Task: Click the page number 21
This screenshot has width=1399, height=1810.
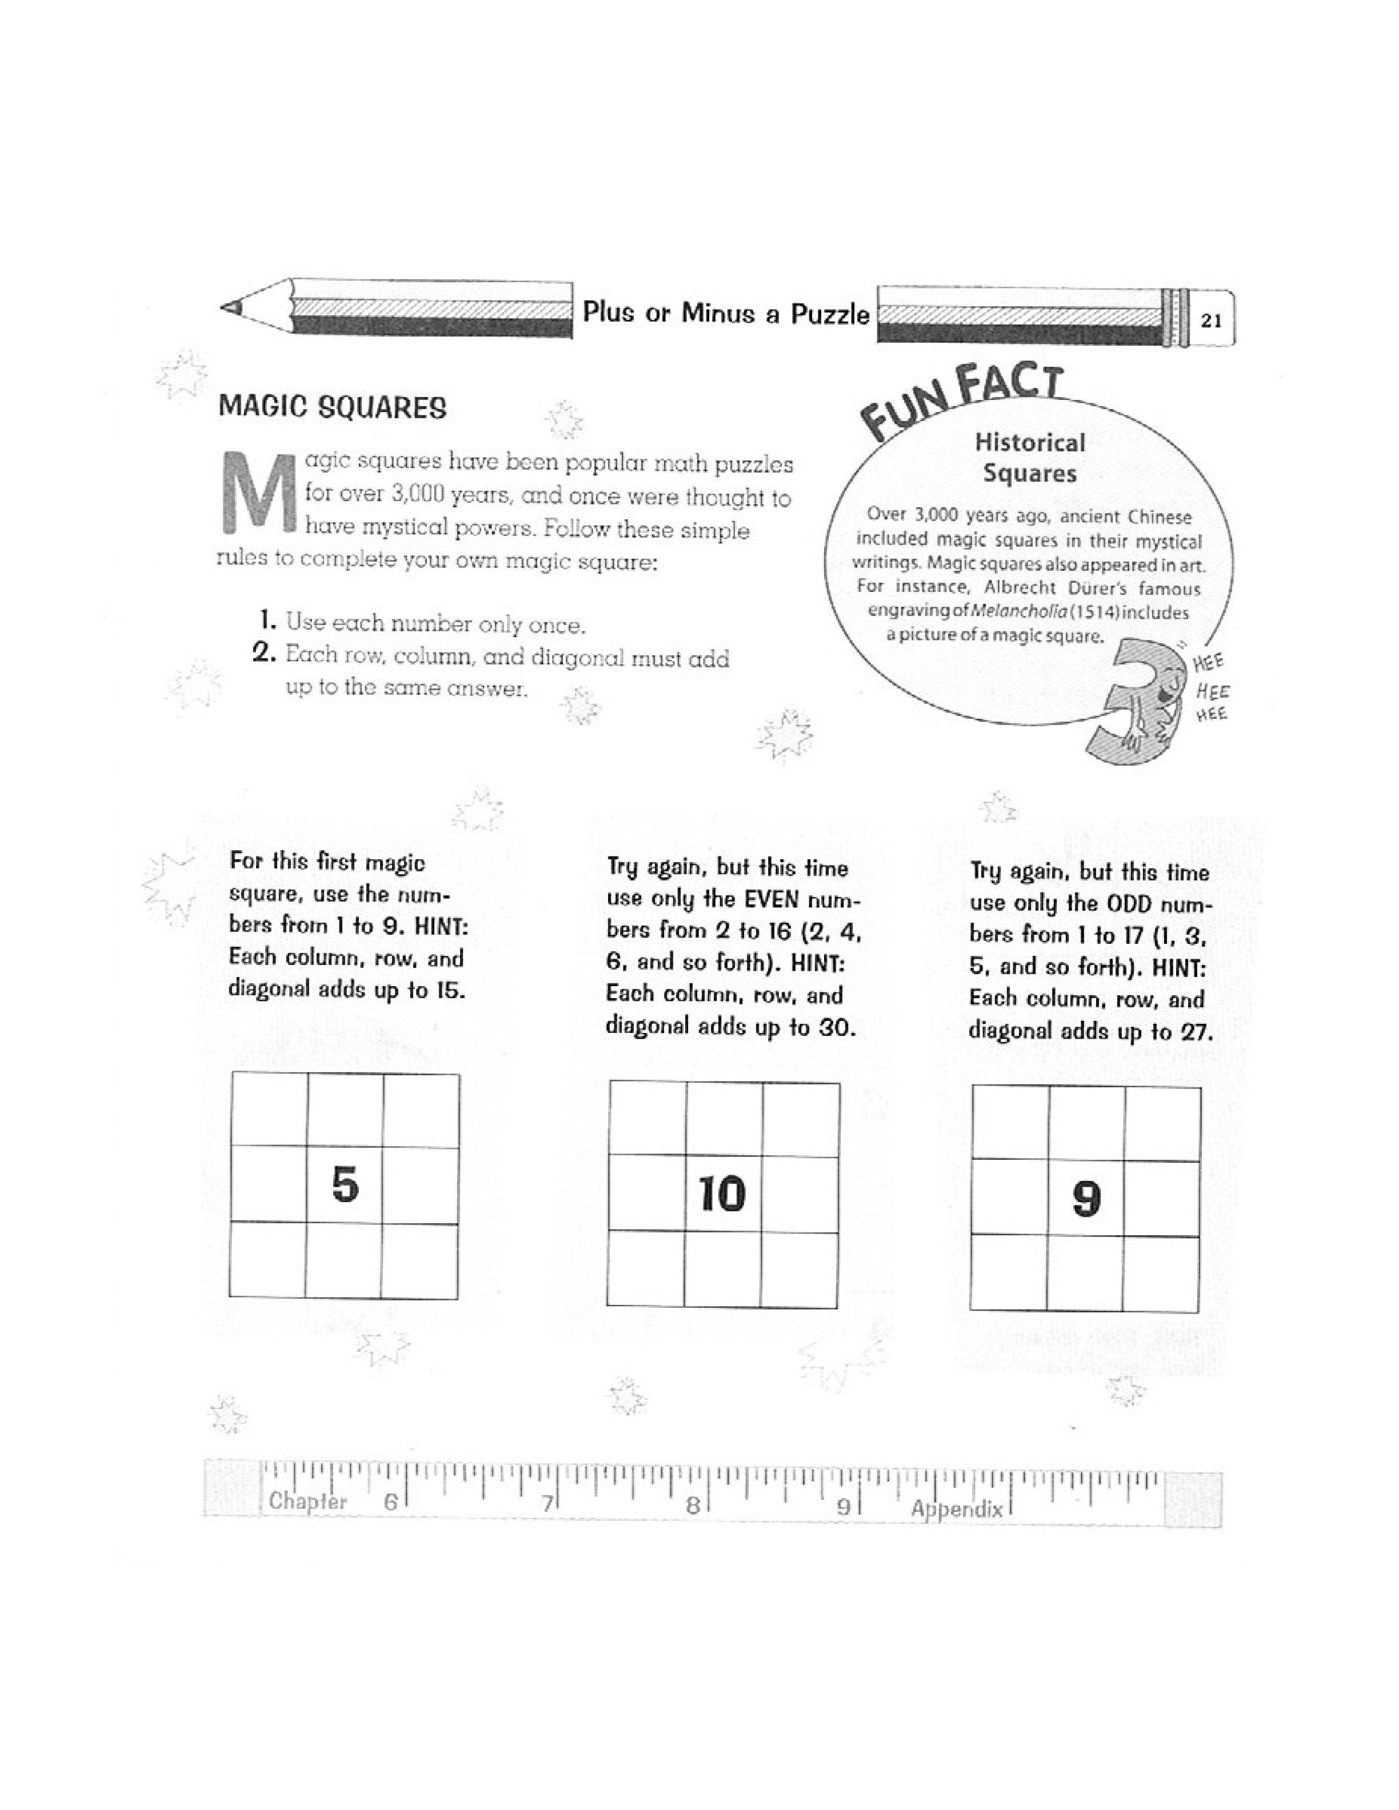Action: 1211,321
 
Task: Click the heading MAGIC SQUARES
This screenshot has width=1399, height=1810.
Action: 333,408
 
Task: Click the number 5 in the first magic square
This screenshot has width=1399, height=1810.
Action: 345,1184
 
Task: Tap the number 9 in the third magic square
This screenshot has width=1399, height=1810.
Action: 1086,1198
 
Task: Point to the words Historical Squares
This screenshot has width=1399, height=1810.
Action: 1030,458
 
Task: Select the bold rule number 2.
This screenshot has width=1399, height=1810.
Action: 263,653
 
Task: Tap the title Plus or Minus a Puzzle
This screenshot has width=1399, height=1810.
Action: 726,313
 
